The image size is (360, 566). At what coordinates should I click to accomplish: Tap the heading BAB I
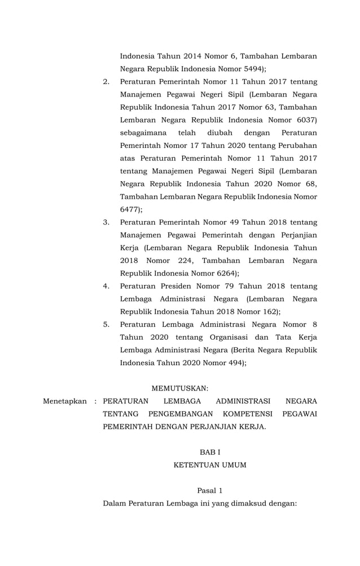pyautogui.click(x=209, y=452)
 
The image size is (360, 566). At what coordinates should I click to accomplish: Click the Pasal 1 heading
pyautogui.click(x=209, y=490)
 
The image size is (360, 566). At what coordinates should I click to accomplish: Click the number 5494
pyautogui.click(x=246, y=69)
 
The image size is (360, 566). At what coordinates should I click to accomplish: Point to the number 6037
pyautogui.click(x=304, y=120)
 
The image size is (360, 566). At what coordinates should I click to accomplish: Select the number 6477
pyautogui.click(x=129, y=209)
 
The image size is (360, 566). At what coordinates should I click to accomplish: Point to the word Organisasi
pyautogui.click(x=223, y=337)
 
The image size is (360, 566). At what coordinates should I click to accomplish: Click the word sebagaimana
pyautogui.click(x=143, y=133)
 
